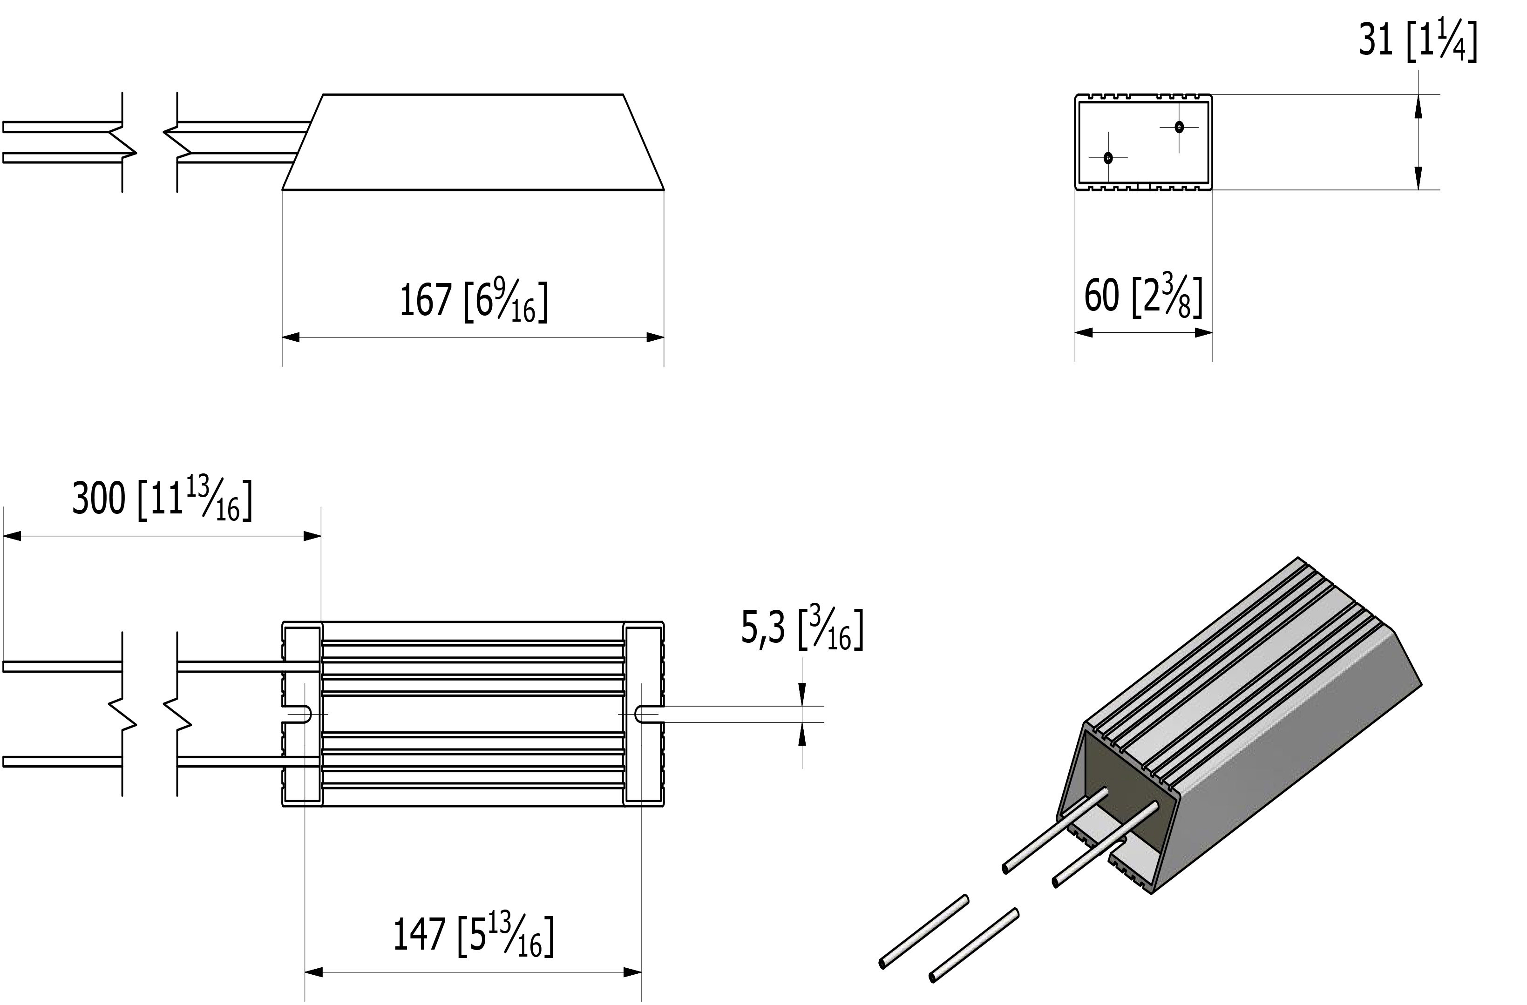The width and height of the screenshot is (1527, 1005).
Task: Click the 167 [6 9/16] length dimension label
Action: click(x=474, y=299)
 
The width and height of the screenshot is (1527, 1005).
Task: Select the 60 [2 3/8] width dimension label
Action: click(x=1143, y=297)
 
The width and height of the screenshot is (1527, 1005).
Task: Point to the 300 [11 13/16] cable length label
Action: click(x=162, y=499)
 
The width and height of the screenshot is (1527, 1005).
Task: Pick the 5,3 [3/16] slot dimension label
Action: click(x=802, y=630)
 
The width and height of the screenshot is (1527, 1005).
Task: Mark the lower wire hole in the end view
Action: click(x=1108, y=158)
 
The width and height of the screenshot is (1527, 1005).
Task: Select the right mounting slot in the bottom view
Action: click(x=649, y=714)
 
